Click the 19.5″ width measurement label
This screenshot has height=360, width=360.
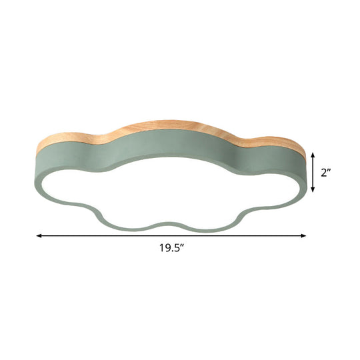tap(172, 248)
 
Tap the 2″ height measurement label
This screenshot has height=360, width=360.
tap(325, 173)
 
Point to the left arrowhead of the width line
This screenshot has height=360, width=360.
tap(39, 235)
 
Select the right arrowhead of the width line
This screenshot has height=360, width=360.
tap(303, 235)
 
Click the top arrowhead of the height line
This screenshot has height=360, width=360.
tap(313, 155)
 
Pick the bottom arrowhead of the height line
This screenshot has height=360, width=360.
tap(313, 189)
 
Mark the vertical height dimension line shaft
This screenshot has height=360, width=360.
tap(313, 172)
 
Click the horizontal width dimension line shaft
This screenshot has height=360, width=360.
tap(171, 235)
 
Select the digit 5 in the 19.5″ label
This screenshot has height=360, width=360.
tap(176, 248)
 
